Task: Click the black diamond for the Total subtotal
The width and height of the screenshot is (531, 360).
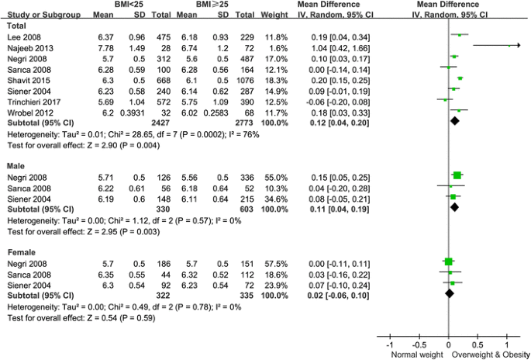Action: click(x=456, y=122)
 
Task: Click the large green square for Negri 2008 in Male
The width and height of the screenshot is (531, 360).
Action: click(x=457, y=176)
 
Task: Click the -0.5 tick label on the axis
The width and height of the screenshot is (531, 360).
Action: click(x=419, y=344)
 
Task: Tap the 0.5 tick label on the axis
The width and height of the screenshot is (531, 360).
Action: click(x=478, y=344)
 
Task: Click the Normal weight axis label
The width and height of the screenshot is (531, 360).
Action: click(x=415, y=354)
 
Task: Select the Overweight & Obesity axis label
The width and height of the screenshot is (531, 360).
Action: click(x=490, y=354)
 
